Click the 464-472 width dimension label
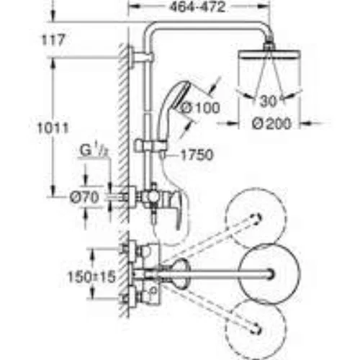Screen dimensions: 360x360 point(197,7)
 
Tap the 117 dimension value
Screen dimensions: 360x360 point(53,40)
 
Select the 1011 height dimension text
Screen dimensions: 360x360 point(53,127)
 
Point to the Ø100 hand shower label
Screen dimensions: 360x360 point(200,108)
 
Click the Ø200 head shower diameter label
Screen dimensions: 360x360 point(271,124)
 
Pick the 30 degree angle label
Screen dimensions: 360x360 point(268,101)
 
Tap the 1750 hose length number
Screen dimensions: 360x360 point(197,155)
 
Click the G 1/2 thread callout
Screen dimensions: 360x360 point(94,151)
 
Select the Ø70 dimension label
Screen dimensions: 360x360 point(84,198)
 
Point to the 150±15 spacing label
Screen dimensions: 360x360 point(92,276)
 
